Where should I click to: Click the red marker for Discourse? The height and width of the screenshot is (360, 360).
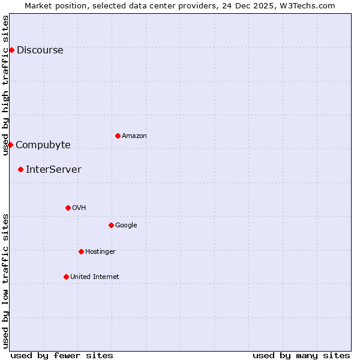[x=11, y=50]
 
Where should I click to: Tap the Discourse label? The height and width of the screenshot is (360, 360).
[x=40, y=50]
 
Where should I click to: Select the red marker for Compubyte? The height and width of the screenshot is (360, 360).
[x=10, y=145]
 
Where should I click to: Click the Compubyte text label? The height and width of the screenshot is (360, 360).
[x=43, y=145]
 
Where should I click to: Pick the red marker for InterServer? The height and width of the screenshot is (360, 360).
[x=20, y=169]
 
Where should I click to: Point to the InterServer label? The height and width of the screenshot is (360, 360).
[x=53, y=170]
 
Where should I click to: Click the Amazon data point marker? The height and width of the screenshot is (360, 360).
[x=118, y=136]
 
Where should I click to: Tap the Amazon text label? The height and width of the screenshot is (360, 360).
[x=134, y=136]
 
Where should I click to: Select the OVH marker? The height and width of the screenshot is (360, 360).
[x=68, y=208]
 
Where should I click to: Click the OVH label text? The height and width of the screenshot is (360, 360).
[x=79, y=208]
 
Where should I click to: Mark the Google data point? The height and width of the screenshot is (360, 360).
[x=111, y=225]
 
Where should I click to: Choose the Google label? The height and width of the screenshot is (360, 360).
[x=126, y=226]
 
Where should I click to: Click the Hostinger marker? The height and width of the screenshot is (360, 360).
[x=81, y=251]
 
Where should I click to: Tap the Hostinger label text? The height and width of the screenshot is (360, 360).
[x=100, y=252]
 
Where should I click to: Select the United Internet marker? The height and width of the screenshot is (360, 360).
[x=66, y=277]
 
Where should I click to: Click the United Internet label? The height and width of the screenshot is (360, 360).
[x=95, y=277]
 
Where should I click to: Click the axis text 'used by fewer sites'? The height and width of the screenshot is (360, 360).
[x=62, y=355]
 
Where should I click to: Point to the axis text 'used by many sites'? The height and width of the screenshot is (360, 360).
[x=301, y=355]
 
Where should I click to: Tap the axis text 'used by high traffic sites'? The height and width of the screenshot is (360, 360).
[x=5, y=85]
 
